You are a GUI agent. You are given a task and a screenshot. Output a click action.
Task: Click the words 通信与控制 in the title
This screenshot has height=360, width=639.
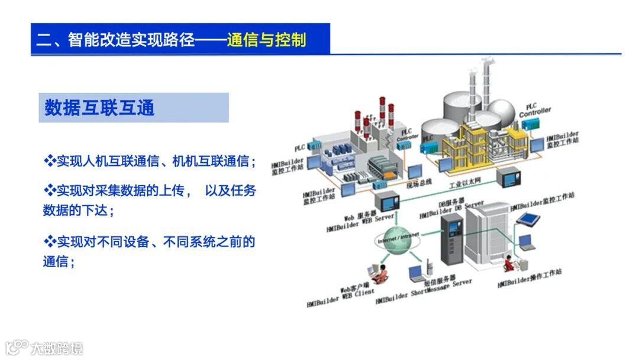(x=266, y=40)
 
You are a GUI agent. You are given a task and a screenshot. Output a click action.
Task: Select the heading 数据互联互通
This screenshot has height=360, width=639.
(x=99, y=108)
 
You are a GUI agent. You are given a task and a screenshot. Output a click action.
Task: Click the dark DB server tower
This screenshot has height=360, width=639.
(x=451, y=240)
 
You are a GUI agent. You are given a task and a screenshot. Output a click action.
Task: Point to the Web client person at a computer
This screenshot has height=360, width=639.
(x=377, y=274)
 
